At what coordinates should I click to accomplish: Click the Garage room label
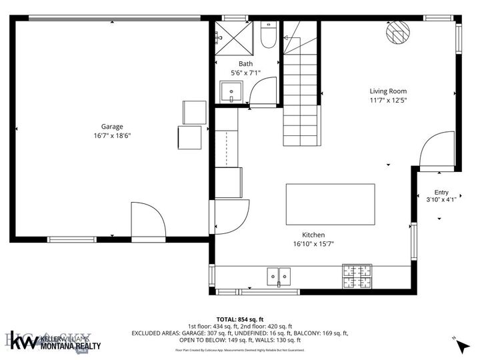[x=112, y=127]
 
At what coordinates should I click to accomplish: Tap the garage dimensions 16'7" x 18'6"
[x=112, y=135]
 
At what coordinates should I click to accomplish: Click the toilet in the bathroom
[x=268, y=36]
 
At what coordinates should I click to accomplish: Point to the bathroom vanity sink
[x=231, y=91]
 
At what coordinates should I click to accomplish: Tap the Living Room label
[x=388, y=91]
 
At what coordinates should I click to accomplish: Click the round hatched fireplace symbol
[x=398, y=32]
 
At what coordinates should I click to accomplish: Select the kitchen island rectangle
[x=330, y=205]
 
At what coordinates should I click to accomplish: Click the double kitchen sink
[x=279, y=275]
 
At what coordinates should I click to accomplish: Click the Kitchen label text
[x=313, y=235]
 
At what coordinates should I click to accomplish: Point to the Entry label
[x=441, y=192]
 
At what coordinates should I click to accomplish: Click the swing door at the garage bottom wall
[x=147, y=220]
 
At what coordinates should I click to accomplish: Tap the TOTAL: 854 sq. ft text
[x=240, y=319]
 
